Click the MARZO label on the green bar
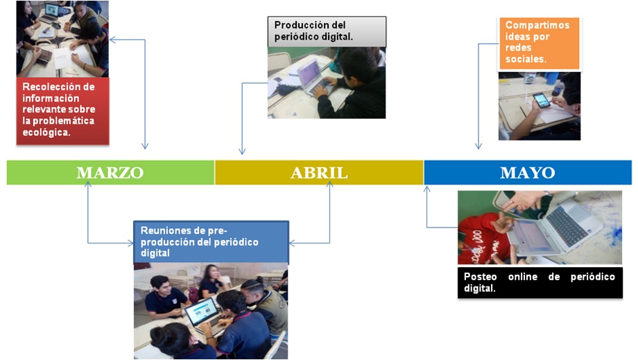click(x=110, y=173)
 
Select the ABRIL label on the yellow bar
click(x=319, y=173)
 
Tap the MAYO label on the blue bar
click(x=527, y=173)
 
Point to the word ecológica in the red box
click(x=45, y=132)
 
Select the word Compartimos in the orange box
click(x=537, y=25)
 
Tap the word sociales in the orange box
click(x=524, y=59)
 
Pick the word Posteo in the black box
click(x=480, y=277)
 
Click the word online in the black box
click(x=522, y=277)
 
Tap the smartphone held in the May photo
click(x=542, y=100)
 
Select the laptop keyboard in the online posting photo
click(x=569, y=225)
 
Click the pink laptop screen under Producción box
click(x=309, y=74)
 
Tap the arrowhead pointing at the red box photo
click(x=112, y=40)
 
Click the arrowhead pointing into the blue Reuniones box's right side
click(x=292, y=243)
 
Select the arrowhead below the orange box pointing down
click(x=478, y=146)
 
